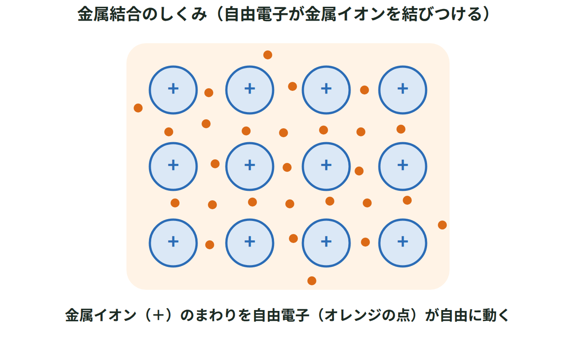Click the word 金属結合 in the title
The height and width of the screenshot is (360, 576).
(x=109, y=14)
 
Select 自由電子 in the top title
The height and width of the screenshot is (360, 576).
(x=256, y=14)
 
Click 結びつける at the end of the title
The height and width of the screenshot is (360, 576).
(x=442, y=14)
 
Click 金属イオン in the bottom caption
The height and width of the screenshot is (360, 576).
(x=100, y=315)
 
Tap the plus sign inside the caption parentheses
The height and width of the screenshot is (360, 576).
(x=158, y=315)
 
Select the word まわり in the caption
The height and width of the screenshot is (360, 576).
(x=216, y=315)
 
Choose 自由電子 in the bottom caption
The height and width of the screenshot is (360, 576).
(x=281, y=315)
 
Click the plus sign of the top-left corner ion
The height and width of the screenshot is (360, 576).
(x=173, y=89)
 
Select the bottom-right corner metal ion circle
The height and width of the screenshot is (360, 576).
(x=403, y=266)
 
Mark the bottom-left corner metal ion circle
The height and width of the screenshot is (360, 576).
(x=173, y=266)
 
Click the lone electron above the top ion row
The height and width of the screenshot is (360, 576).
(x=268, y=55)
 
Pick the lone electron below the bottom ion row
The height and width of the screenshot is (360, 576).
(x=312, y=281)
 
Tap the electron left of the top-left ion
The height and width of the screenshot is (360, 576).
(x=138, y=108)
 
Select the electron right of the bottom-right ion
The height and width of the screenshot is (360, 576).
(x=442, y=225)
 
